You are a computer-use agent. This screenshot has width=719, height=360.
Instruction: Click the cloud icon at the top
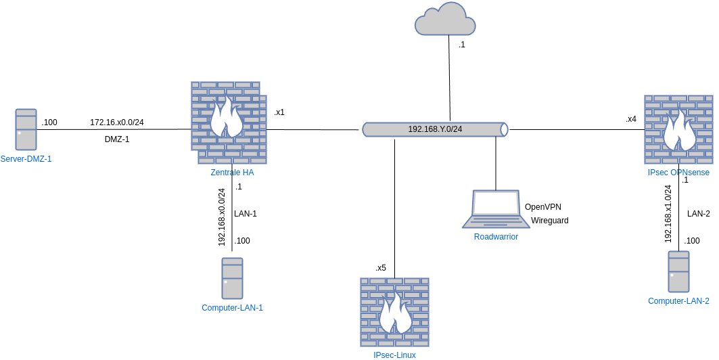coord(445,20)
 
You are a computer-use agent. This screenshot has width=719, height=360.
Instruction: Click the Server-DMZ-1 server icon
coord(26,129)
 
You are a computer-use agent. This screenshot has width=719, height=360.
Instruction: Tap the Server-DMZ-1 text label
coord(26,159)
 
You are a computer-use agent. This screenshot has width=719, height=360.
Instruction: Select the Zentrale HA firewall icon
coord(229,122)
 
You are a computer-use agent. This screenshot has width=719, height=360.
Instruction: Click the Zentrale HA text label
coord(232,173)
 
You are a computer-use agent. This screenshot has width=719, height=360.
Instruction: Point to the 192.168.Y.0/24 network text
coord(435,129)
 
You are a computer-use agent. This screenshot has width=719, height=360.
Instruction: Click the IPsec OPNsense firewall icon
coord(678,129)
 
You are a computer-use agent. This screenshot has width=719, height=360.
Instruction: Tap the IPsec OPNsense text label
coord(678,173)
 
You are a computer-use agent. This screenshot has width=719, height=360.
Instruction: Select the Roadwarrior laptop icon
coord(496,209)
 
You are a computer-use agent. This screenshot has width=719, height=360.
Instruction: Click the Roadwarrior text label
coord(496,237)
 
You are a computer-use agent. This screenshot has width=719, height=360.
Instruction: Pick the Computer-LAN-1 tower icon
coord(232,278)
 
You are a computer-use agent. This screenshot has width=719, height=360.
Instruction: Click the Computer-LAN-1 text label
coord(232,308)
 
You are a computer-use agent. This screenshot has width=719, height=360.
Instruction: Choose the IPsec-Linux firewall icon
coord(394,312)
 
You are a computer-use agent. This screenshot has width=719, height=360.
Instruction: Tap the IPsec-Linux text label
coord(394,355)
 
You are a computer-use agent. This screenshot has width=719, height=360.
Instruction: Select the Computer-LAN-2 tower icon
coord(678,271)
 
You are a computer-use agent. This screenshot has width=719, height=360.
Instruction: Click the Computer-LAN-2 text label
coord(678,301)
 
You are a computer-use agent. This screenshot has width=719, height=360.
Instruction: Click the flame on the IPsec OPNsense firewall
coord(678,131)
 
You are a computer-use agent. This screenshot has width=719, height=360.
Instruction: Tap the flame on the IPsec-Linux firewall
coord(395,314)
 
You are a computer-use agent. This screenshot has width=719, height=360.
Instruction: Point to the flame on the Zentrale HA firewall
coord(226,118)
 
